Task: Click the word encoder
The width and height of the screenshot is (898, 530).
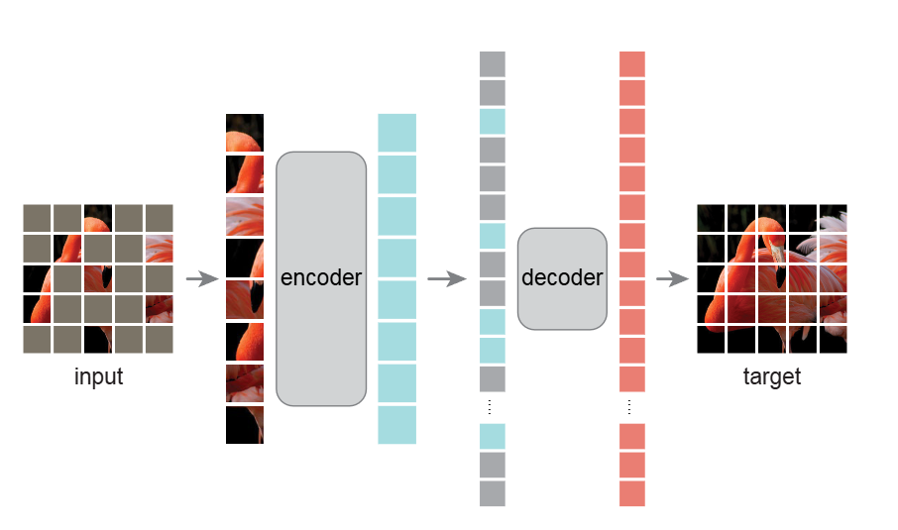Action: [321, 278]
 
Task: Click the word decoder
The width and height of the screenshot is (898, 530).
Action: [562, 278]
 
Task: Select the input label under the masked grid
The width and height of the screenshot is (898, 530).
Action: [99, 377]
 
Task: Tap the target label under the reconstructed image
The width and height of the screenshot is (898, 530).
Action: [771, 377]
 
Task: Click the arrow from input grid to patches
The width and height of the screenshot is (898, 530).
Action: [202, 279]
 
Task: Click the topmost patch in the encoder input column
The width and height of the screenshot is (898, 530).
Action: [245, 133]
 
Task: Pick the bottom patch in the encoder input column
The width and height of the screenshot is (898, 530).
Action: [245, 424]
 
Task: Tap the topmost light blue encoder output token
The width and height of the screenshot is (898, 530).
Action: [397, 133]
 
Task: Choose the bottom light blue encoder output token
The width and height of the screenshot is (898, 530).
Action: [397, 424]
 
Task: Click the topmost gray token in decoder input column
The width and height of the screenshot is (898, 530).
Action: [493, 64]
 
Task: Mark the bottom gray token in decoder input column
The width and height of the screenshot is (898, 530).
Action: [493, 493]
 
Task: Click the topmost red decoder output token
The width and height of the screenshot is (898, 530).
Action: [632, 64]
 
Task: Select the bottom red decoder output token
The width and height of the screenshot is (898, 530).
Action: [632, 493]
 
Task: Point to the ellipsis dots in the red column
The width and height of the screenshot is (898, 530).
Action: [632, 408]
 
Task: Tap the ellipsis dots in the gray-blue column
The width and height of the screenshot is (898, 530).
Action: [493, 408]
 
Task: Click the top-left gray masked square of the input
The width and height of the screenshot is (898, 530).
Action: [38, 218]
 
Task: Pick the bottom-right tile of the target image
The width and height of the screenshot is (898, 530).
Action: [833, 339]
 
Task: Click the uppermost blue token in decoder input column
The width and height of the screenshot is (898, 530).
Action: [493, 122]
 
